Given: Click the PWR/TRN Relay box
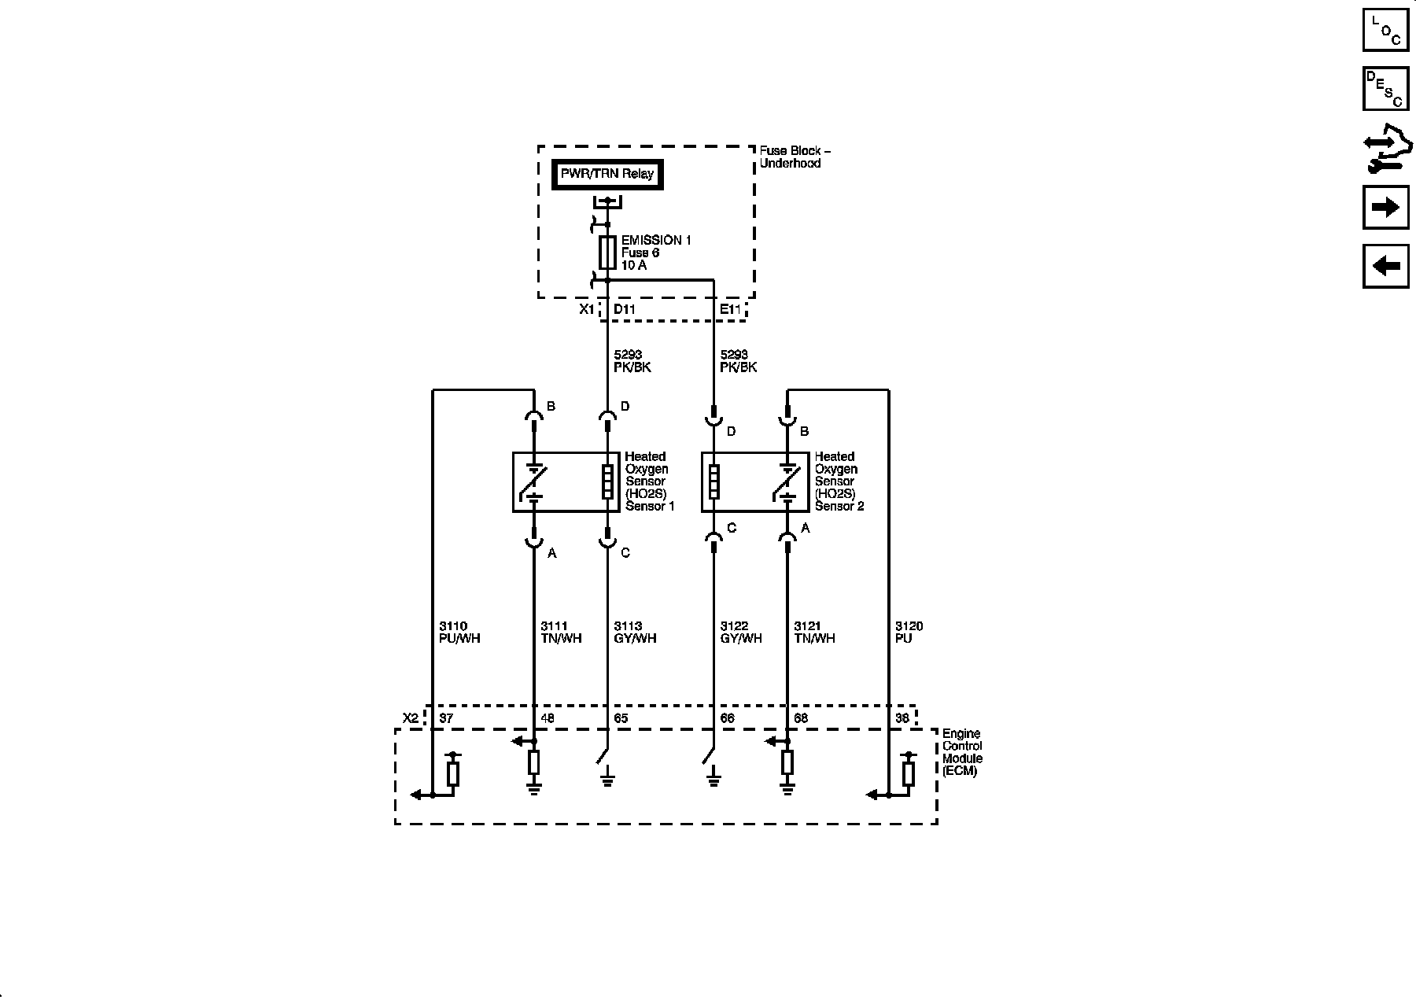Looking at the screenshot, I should click(x=607, y=174).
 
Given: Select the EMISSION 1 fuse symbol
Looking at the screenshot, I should click(x=607, y=252).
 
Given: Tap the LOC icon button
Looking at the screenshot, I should click(x=1385, y=30).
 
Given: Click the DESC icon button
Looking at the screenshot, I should click(x=1385, y=89).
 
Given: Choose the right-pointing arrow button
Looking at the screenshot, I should click(x=1385, y=207).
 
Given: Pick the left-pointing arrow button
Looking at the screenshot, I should click(x=1385, y=266).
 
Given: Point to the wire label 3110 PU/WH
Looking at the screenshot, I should click(x=459, y=633).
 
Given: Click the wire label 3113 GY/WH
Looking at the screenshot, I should click(x=635, y=633).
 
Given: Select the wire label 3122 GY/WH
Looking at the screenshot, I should click(x=741, y=633).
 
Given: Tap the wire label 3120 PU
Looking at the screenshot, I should click(x=909, y=633).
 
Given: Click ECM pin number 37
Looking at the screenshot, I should click(x=446, y=718).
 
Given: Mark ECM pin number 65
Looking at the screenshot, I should click(x=621, y=718).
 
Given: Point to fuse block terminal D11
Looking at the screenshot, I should click(x=625, y=309).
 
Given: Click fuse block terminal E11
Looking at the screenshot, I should click(x=731, y=309).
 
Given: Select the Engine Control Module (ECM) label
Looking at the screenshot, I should click(x=961, y=753).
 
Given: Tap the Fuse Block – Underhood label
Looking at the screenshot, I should click(x=795, y=157).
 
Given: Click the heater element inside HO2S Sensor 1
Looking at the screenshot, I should click(x=607, y=482).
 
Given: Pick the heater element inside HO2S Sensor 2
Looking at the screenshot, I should click(x=714, y=482).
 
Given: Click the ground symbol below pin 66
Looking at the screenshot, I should click(x=714, y=782).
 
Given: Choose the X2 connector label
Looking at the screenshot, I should click(x=411, y=718).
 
